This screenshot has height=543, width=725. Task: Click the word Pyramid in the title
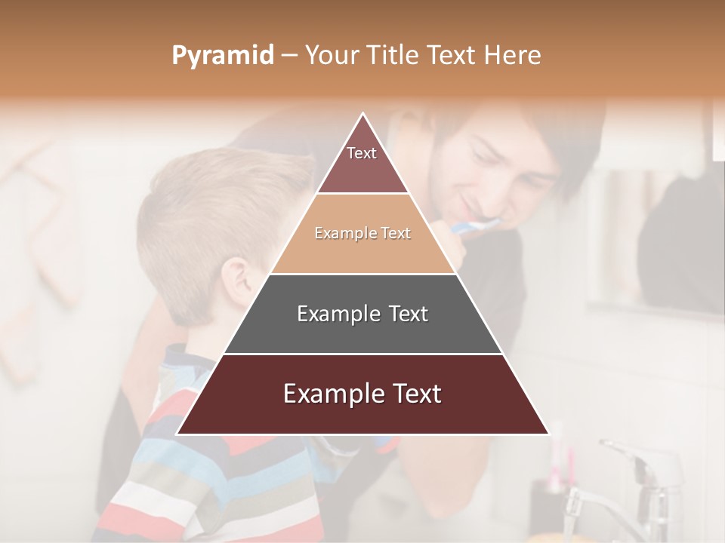pos(222,56)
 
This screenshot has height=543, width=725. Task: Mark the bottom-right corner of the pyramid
pos(549,434)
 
